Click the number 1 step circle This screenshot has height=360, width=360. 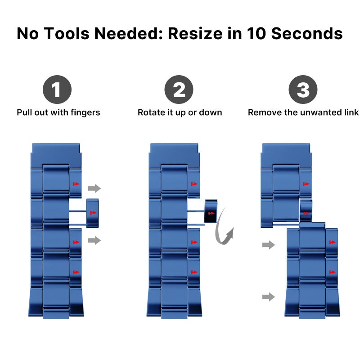coord(57,89)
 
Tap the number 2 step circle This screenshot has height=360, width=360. coord(179,89)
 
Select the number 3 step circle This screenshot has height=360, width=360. coord(303,89)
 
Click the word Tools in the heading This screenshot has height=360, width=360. coord(66,33)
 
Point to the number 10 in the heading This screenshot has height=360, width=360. coord(256,33)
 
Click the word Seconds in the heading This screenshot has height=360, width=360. coord(307,33)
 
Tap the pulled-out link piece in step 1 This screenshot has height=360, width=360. coord(93,213)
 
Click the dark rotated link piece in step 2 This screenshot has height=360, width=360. coord(211,211)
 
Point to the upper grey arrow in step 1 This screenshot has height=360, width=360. coord(94,188)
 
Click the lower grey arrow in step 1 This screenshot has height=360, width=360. coord(94,240)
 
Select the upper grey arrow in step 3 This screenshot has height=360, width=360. coord(269,245)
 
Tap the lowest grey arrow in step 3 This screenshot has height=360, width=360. coord(269,297)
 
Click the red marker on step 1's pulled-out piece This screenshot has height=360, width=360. coord(93,213)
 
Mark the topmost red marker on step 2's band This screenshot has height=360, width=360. coord(194,184)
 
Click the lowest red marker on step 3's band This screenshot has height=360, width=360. coord(332,272)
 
